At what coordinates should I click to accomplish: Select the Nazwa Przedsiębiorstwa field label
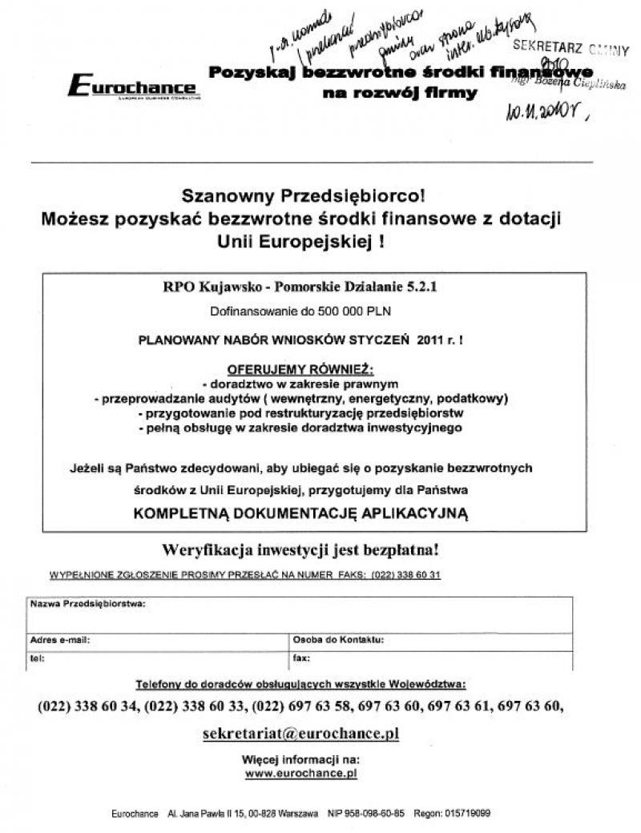click(88, 603)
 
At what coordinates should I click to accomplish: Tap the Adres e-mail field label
click(60, 640)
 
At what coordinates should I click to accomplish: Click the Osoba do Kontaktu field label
click(339, 640)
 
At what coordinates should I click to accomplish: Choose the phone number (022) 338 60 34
click(89, 706)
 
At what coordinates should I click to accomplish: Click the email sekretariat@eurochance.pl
click(300, 733)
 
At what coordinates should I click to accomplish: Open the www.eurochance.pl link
click(300, 774)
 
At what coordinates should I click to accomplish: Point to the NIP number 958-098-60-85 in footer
click(377, 813)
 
